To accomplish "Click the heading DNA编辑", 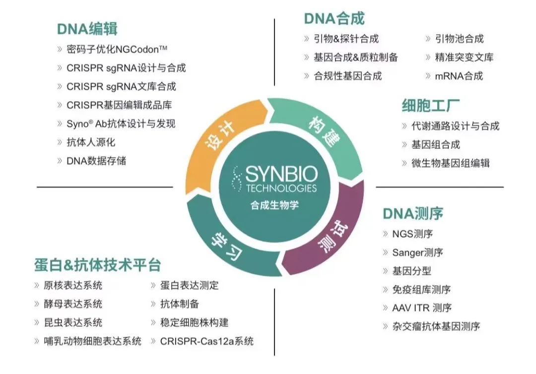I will coord(87,28).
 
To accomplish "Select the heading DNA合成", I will coord(334,19).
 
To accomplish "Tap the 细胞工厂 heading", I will coord(430,106).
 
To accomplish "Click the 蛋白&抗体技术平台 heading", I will coord(97,264).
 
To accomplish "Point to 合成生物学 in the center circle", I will coord(274,204).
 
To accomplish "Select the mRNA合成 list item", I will coord(459,76).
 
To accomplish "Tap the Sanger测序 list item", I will coord(417,252).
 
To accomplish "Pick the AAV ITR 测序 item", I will coord(422,308).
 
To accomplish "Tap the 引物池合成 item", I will coord(459,39).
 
